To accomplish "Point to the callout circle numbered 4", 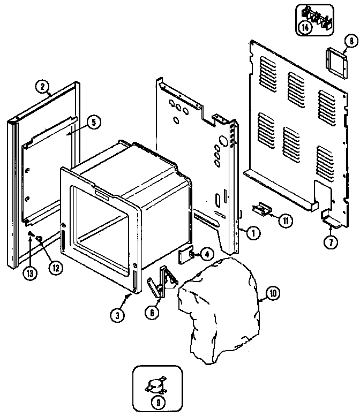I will pos(205,255).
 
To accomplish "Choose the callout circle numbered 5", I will pos(93,123).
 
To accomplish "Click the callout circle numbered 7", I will pos(330,242).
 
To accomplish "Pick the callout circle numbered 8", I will pos(350,41).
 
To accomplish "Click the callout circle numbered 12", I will pos(54,269).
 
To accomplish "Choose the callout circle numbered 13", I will pos(30,273).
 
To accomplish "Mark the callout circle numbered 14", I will pos(305,29).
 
